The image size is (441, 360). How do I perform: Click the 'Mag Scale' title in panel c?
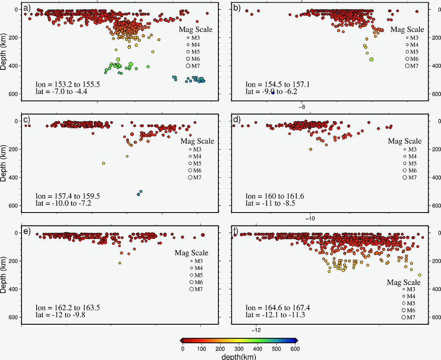pyautogui.click(x=197, y=141)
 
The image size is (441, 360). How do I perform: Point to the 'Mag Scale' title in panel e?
pyautogui.click(x=191, y=253)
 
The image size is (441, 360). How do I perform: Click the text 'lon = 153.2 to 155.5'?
pyautogui.click(x=68, y=85)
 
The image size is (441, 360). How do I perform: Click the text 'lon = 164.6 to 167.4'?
pyautogui.click(x=278, y=308)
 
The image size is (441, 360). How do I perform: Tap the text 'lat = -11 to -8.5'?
pyautogui.click(x=270, y=203)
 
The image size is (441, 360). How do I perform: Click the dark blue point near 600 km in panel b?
pyautogui.click(x=273, y=93)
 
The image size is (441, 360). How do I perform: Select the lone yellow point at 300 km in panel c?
pyautogui.click(x=103, y=163)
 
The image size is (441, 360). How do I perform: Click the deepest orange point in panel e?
pyautogui.click(x=120, y=263)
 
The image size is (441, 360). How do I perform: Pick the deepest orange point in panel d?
pyautogui.click(x=311, y=149)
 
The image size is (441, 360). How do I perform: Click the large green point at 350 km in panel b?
pyautogui.click(x=371, y=59)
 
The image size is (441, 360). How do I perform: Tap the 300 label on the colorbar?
pyautogui.click(x=239, y=348)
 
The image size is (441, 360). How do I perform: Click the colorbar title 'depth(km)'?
pyautogui.click(x=239, y=357)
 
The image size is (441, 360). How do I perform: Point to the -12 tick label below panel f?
pyautogui.click(x=256, y=330)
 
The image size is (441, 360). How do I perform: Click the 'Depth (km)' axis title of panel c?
pyautogui.click(x=4, y=163)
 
